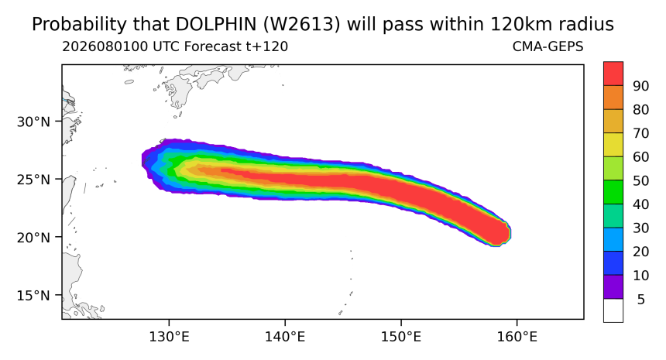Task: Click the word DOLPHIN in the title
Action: tap(216, 24)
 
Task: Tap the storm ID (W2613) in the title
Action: tap(301, 25)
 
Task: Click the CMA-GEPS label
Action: tap(548, 46)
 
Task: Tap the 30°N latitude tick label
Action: tap(33, 122)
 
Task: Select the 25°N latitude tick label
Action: tap(33, 180)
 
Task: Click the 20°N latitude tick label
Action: tap(33, 238)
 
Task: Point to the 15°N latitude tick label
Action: tap(33, 295)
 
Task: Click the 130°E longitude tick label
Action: tap(169, 337)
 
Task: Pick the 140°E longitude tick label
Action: tap(285, 337)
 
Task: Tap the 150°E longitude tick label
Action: tap(401, 337)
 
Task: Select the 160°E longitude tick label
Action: tap(517, 337)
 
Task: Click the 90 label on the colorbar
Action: tap(641, 86)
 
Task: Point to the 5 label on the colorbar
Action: tap(641, 300)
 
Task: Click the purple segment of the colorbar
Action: tap(613, 287)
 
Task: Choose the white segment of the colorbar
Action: tap(613, 310)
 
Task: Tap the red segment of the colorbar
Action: tap(613, 74)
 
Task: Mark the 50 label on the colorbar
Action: tap(641, 181)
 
